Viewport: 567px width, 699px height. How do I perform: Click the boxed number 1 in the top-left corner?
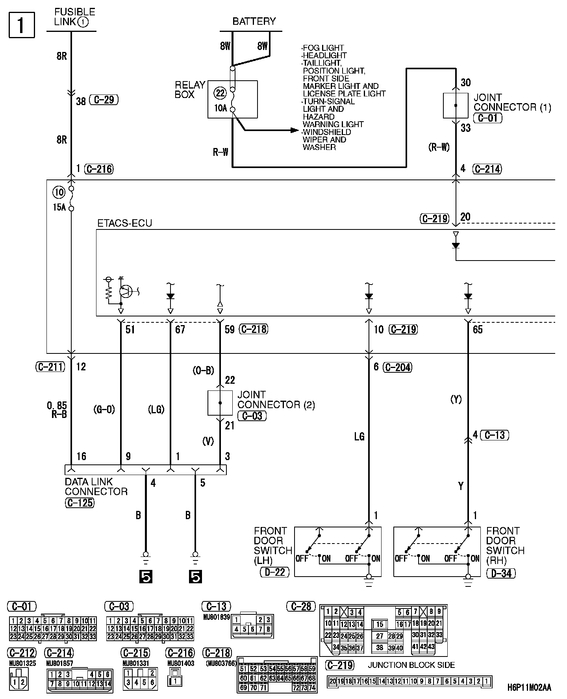(x=22, y=25)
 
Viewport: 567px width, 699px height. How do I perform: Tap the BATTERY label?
(x=254, y=21)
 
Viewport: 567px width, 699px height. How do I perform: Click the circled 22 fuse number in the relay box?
(x=220, y=93)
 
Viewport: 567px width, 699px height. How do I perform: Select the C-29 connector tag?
(x=104, y=100)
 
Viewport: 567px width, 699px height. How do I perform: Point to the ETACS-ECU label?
(x=124, y=223)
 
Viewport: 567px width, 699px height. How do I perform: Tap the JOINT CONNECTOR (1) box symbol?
(x=456, y=105)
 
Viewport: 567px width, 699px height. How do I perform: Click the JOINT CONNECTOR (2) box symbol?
(x=220, y=403)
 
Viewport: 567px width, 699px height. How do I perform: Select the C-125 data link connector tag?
(x=80, y=503)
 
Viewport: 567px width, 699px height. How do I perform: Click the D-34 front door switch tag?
(x=501, y=573)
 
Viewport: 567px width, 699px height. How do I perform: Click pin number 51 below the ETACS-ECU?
(x=130, y=329)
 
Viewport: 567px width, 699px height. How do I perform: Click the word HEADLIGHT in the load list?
(x=324, y=55)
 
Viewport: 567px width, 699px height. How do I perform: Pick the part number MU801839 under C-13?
(x=216, y=617)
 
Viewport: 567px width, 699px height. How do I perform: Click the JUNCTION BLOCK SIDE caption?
(x=411, y=665)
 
